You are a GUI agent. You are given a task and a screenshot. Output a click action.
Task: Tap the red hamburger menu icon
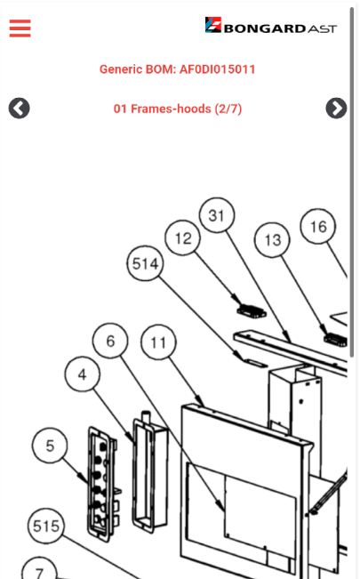pos(20,28)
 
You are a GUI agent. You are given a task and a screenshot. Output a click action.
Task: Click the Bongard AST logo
pos(270,25)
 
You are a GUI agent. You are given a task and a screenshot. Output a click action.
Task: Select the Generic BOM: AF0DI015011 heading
pos(177,69)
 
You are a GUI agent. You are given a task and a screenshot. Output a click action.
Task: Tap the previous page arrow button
pos(20,109)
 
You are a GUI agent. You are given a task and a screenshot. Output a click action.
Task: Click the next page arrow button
pos(336,109)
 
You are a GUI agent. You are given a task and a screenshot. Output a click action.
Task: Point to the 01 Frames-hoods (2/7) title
pos(178,109)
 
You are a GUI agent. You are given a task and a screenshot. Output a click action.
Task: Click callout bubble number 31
pos(217,215)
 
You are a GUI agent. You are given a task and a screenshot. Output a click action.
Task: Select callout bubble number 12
pos(183,237)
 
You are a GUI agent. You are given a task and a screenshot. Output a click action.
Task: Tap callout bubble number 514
pos(145,263)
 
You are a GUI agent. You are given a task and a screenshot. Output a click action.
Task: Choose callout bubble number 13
pos(273,240)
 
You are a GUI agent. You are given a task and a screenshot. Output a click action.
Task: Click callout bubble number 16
pos(318,226)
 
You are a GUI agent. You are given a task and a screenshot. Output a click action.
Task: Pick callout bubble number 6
pos(110,341)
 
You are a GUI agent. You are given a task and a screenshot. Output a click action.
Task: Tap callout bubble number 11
pos(158,342)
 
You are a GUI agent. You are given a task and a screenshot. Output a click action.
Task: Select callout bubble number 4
pos(82,374)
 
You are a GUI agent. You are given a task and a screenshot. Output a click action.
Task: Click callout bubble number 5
pos(50,446)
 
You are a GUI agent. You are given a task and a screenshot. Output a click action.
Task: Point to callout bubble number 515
pos(46,526)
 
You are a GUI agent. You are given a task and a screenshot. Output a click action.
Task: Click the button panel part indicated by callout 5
pos(103,484)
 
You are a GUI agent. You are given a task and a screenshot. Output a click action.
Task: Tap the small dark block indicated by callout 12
pos(252,311)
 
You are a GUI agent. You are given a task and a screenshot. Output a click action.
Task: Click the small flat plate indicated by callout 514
pos(255,362)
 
